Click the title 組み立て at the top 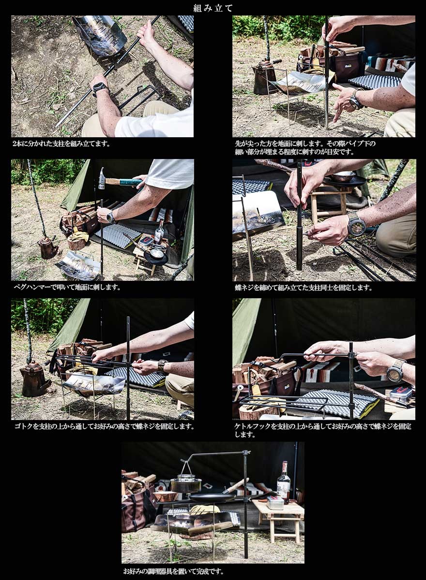coord(213,8)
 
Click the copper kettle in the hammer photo coord(47,247)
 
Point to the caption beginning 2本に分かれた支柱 coord(61,144)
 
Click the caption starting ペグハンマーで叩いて coord(67,287)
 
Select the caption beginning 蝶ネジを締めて coord(304,288)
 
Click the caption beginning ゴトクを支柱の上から coord(104,426)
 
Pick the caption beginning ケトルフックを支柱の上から coord(323,430)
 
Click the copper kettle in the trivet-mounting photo coord(35,378)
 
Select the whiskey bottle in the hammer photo coord(159,231)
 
